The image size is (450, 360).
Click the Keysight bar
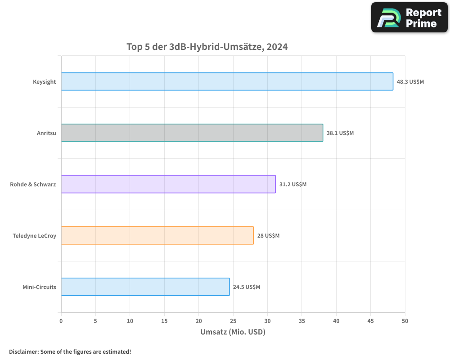[x=227, y=81]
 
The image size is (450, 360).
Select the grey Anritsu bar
[x=192, y=133]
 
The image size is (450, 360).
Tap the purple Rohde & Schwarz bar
[x=168, y=184]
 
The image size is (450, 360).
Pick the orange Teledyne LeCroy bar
[x=157, y=235]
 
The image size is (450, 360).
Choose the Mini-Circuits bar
[x=145, y=287]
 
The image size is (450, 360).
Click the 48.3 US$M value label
[x=410, y=82]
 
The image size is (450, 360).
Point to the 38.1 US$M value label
[x=340, y=133]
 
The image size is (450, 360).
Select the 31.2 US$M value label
[x=292, y=184]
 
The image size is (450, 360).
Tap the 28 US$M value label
[x=268, y=236]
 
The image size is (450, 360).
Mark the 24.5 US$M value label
[x=246, y=287]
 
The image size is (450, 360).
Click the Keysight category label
[x=44, y=82]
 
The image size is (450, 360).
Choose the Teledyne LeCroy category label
[x=34, y=236]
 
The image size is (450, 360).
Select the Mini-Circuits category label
[x=39, y=287]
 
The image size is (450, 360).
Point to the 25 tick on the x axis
[x=233, y=321]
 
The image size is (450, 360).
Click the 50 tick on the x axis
[x=405, y=321]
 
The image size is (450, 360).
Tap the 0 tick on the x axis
[x=61, y=321]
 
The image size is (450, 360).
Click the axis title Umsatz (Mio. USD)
[x=233, y=332]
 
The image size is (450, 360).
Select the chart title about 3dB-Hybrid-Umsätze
[x=207, y=47]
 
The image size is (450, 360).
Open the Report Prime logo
[x=409, y=18]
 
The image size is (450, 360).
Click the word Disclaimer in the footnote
[x=23, y=351]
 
